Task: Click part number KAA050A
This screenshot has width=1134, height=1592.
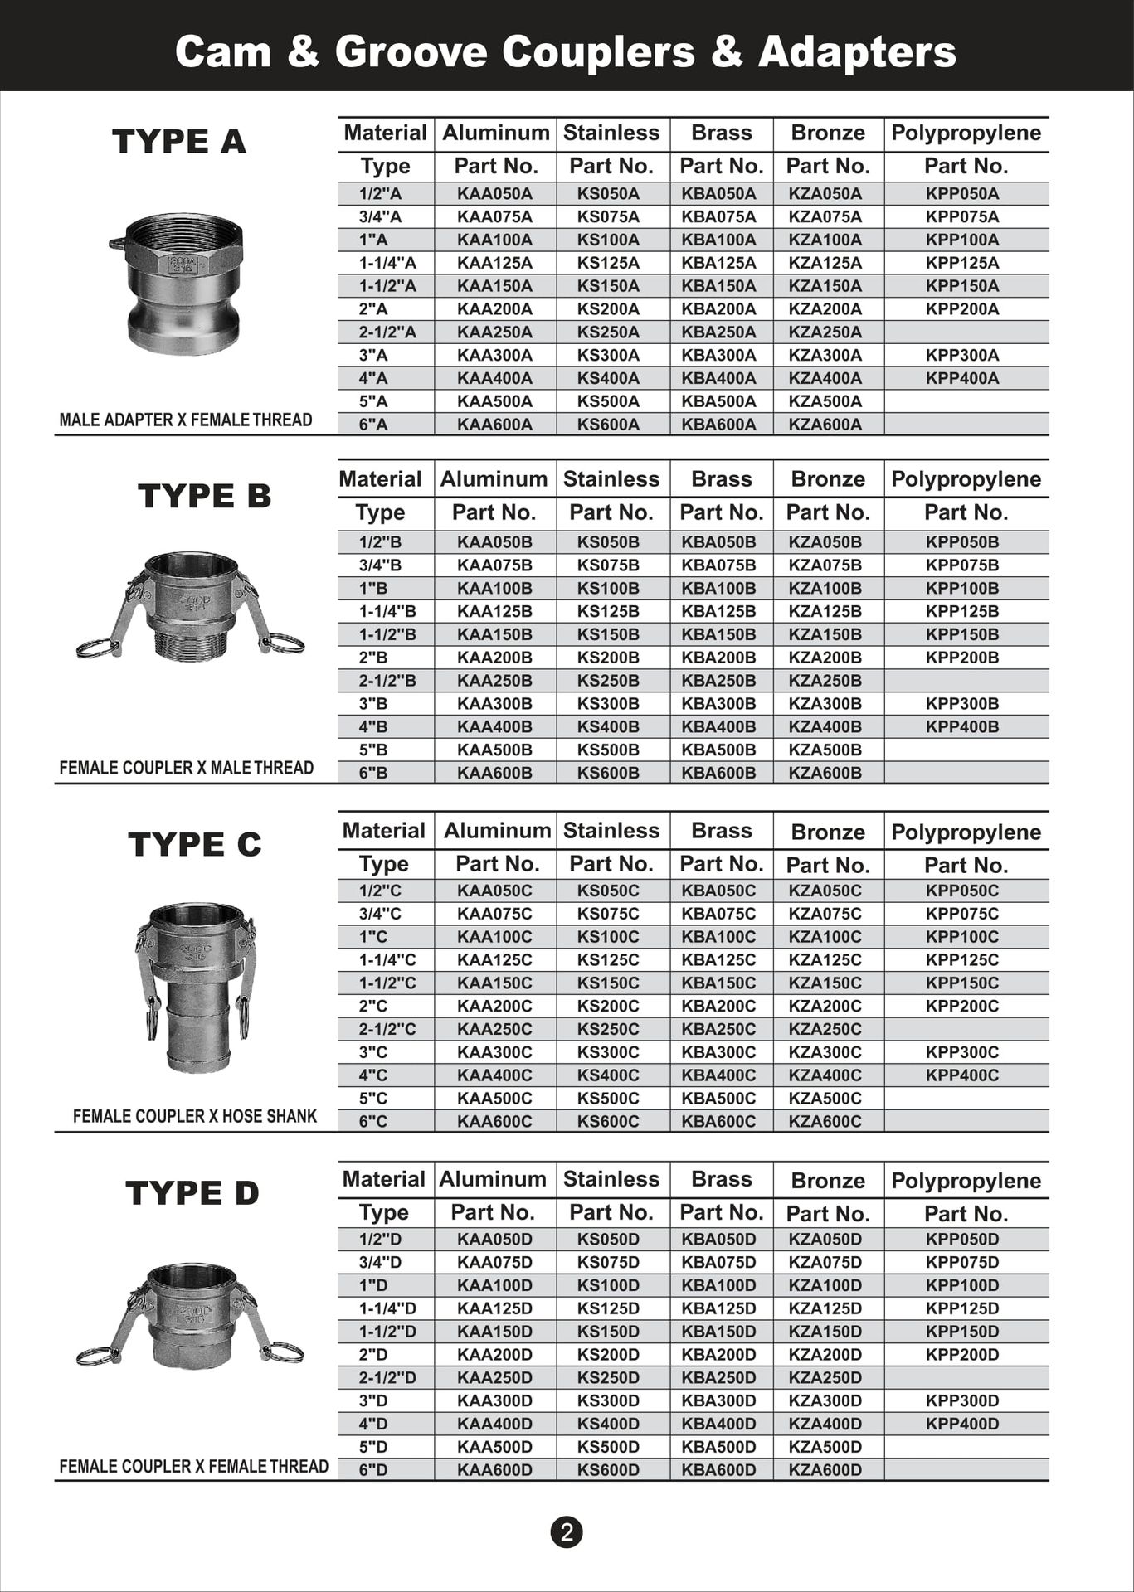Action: tap(494, 194)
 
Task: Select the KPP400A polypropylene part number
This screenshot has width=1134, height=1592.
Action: tap(962, 378)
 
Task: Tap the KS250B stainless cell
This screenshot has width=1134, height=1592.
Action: tap(608, 681)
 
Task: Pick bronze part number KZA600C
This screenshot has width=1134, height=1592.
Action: tap(825, 1121)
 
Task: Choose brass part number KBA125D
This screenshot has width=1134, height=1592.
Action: tap(718, 1308)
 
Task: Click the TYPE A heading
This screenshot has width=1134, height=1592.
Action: tap(179, 141)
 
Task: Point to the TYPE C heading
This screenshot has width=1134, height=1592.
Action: tap(195, 845)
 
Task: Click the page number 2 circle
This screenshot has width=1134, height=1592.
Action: tap(567, 1531)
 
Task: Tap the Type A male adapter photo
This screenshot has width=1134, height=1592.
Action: tap(178, 282)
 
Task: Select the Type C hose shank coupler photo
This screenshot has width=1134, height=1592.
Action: tap(196, 987)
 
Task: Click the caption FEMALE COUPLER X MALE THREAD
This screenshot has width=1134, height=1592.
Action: tap(186, 768)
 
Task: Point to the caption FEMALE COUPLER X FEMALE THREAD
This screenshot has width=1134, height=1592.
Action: tap(193, 1466)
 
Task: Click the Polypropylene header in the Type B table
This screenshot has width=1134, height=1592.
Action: tap(966, 479)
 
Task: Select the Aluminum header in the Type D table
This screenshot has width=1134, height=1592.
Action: tap(493, 1179)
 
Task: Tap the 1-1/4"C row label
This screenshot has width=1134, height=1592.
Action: tap(387, 960)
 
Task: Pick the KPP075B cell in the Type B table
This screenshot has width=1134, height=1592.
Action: tap(962, 565)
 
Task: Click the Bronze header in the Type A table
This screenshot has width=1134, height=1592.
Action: tap(827, 133)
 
